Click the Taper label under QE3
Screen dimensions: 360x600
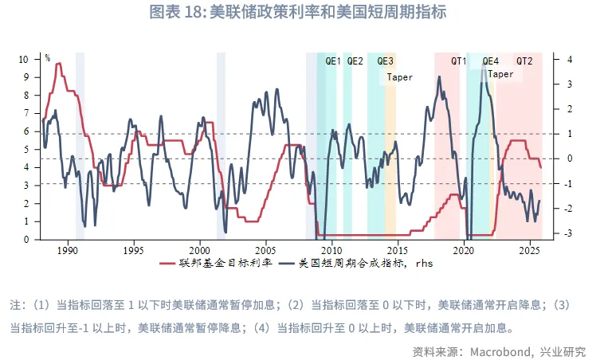400,77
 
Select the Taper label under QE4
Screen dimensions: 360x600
500,74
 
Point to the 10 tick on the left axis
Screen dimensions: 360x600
24,60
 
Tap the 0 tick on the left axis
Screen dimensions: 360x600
26,239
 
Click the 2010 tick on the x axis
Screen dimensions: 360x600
331,249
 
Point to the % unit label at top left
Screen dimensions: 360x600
47,59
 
